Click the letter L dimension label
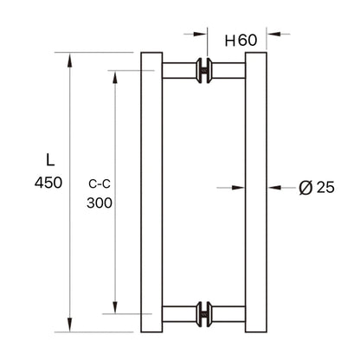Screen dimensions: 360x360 (x=49, y=159)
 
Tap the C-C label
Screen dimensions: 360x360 (x=100, y=183)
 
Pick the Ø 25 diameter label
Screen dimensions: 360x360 (x=317, y=186)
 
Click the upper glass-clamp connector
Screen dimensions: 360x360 (x=203, y=71)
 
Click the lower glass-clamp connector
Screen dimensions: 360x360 (x=203, y=312)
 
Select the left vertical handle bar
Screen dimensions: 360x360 (x=151, y=192)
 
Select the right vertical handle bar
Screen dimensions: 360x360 (x=258, y=192)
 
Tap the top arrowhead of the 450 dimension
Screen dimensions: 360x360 (x=69, y=57)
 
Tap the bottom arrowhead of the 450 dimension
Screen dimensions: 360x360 (x=69, y=328)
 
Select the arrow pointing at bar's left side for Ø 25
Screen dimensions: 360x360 (x=240, y=185)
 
